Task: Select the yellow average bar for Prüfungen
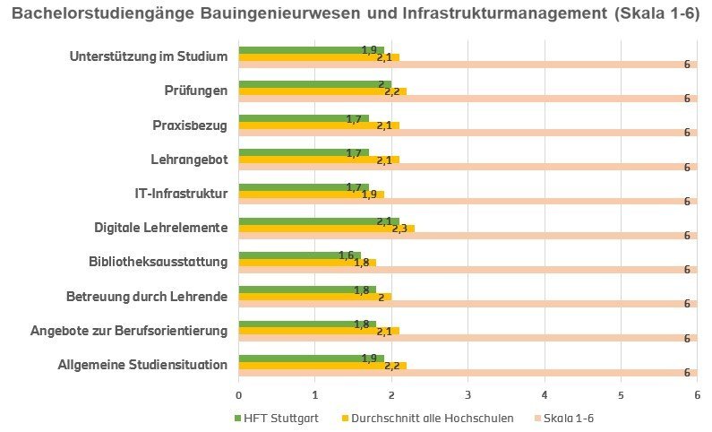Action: [322, 91]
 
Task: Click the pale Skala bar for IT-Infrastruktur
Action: [466, 201]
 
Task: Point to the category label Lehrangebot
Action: [189, 160]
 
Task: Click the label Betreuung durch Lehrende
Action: [147, 297]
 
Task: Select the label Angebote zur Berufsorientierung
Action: [129, 331]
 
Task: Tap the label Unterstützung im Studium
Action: [148, 56]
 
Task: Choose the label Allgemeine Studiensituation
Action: [142, 365]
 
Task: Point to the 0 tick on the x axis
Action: [239, 393]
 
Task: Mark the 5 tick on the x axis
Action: [621, 393]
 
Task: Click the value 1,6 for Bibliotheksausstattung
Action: [347, 255]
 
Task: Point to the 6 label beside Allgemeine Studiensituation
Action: [687, 372]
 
